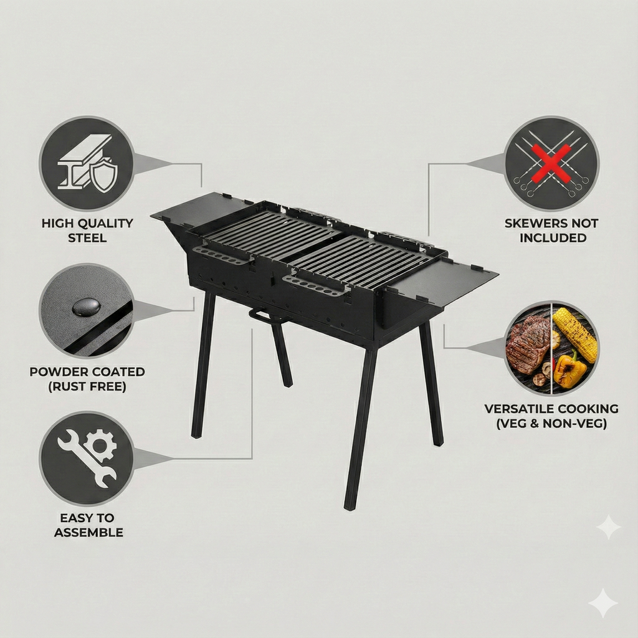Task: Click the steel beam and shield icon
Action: [87, 164]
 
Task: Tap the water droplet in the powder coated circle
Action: [86, 306]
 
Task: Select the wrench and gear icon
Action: [87, 458]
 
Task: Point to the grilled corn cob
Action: [574, 333]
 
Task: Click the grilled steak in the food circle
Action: [527, 343]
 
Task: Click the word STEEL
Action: [87, 238]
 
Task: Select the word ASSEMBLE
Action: [88, 533]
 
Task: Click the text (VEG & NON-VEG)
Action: [551, 424]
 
